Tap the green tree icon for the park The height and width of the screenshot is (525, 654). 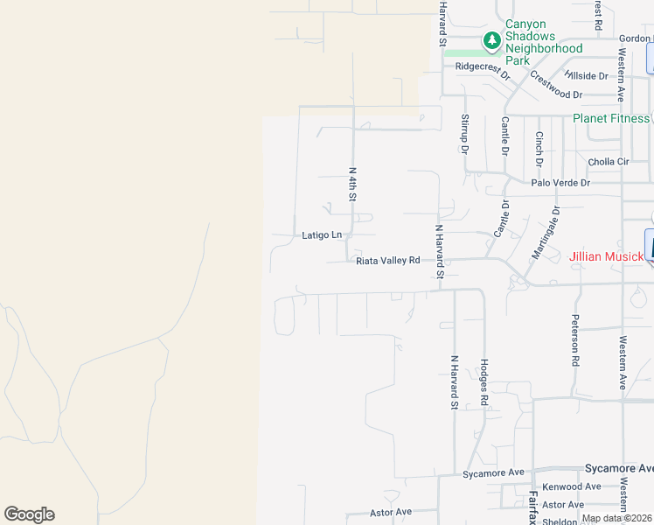(x=492, y=40)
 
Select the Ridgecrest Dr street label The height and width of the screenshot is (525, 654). (x=483, y=67)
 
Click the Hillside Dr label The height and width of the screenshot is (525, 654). (x=586, y=76)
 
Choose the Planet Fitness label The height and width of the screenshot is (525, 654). (x=611, y=118)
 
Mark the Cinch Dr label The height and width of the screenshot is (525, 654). (x=539, y=149)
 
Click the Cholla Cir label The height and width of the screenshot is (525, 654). (x=609, y=162)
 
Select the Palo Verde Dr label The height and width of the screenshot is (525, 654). (x=561, y=183)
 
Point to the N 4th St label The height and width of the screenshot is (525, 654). (x=353, y=185)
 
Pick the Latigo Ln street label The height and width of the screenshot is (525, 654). (x=321, y=234)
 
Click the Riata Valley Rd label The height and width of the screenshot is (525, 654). (x=388, y=260)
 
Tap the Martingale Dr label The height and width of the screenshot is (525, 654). (x=546, y=233)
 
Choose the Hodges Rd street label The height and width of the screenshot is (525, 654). (x=483, y=381)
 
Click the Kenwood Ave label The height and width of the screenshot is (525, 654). (x=572, y=486)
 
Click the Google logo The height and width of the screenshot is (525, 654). (x=29, y=514)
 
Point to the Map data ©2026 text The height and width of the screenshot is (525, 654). (x=616, y=518)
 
